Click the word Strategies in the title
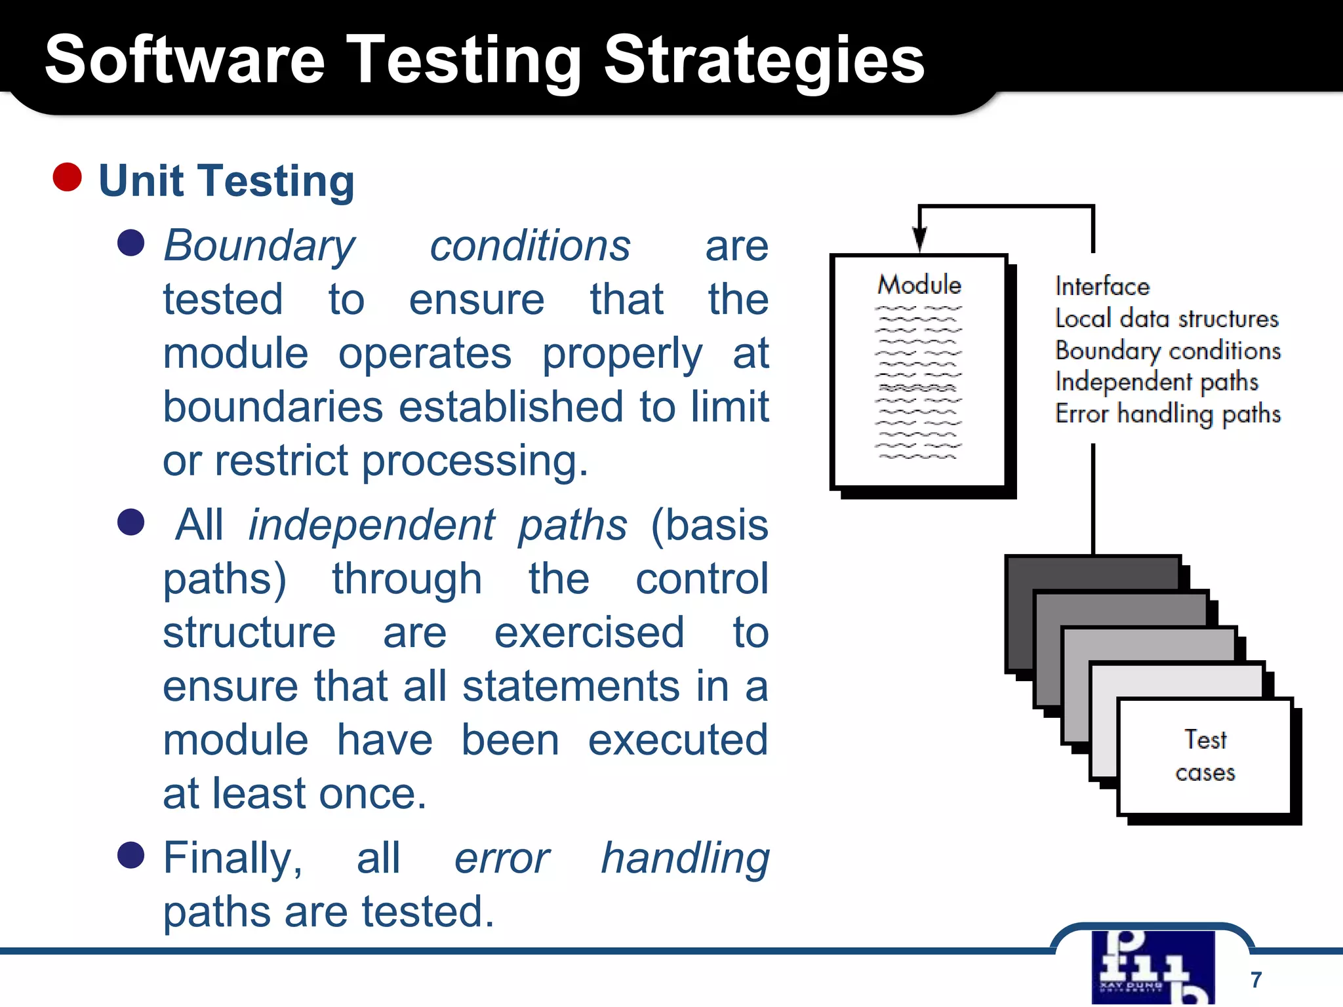coord(763,60)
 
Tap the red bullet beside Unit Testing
coord(67,177)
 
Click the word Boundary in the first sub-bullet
coord(259,247)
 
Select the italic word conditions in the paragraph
coord(530,247)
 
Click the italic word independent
coord(371,526)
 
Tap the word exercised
coord(589,633)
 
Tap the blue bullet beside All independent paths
coord(130,523)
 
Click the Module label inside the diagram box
coord(919,285)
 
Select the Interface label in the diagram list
coord(1102,286)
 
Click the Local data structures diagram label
coord(1167,319)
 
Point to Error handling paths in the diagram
coord(1167,414)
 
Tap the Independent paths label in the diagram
coord(1157,382)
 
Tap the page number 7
coord(1256,979)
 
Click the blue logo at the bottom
coord(1153,968)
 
